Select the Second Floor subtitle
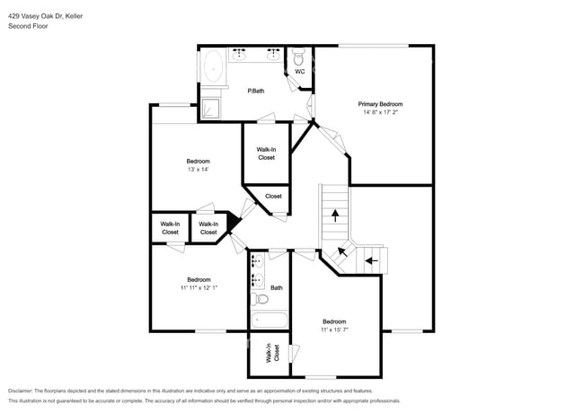coord(29,26)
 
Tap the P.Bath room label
coord(256,91)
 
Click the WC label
coord(299,71)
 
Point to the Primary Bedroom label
coord(380,104)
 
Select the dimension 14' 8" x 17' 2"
coord(380,113)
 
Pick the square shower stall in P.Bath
coord(209,108)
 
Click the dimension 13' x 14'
coord(198,170)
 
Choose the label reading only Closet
coord(273,196)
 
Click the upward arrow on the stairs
coord(336,215)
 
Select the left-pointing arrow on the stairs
coord(368,261)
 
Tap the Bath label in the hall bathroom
coord(277,288)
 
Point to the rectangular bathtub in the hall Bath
coord(268,319)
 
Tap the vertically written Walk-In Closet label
coord(268,356)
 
